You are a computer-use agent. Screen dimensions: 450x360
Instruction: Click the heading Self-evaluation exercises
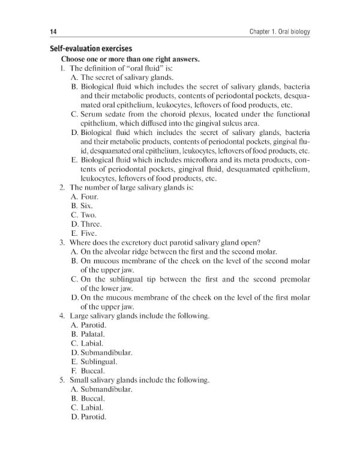tap(91, 49)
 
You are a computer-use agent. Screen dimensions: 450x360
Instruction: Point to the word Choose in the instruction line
tap(74, 59)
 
